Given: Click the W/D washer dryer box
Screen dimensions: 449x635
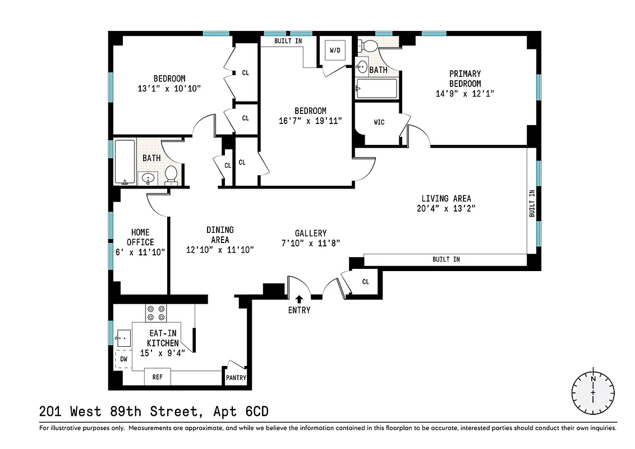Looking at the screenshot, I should coord(335,51).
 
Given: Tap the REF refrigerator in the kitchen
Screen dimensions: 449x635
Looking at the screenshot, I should coord(158,377).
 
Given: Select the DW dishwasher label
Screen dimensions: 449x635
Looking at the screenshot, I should coord(123,358).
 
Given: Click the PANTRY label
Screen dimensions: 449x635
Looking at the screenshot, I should coord(236,378).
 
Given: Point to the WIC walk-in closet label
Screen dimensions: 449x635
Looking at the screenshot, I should coord(379,122).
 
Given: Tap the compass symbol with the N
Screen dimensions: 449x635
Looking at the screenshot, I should coord(593,392).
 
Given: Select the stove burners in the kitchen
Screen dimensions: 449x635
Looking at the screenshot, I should coord(155,312).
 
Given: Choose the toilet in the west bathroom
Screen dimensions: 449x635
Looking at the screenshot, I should coord(172,175).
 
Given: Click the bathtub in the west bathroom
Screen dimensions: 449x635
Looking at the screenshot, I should coord(125,162).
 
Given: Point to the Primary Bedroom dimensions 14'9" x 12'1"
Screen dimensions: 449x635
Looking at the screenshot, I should coord(465,93).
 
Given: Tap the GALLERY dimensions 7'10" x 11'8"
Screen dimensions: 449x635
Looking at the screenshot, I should coord(311,243).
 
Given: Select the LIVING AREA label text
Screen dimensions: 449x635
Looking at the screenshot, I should coord(447,198).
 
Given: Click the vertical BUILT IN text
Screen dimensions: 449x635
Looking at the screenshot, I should coord(532,204).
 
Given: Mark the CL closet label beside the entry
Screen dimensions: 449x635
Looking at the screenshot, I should coord(366,282).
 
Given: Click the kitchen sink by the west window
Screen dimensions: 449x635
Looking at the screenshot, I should coord(122,338).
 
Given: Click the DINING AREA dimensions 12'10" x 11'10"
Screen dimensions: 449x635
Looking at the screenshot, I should coord(220,250).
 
